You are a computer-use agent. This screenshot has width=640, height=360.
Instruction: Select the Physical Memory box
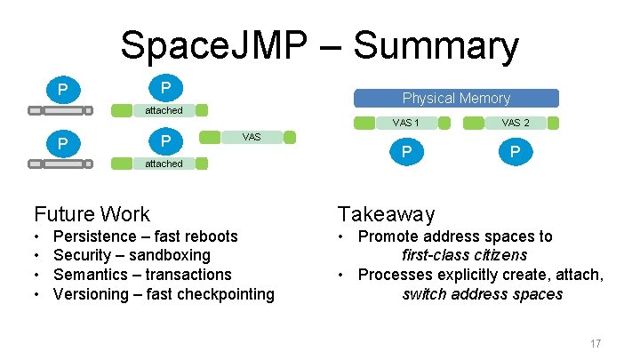[x=456, y=98]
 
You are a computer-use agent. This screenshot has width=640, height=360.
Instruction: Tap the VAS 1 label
[x=405, y=123]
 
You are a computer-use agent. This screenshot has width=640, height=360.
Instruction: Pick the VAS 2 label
[x=516, y=123]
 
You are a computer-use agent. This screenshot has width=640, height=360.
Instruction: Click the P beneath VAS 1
[x=405, y=153]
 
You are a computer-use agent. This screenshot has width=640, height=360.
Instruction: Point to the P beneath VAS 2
[x=515, y=153]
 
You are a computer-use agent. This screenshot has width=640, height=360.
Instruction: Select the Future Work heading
[x=92, y=213]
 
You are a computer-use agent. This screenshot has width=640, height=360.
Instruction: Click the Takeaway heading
[x=385, y=213]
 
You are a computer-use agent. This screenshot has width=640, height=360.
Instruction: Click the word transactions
[x=188, y=275]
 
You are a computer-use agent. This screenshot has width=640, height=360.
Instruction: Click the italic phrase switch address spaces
[x=482, y=294]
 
